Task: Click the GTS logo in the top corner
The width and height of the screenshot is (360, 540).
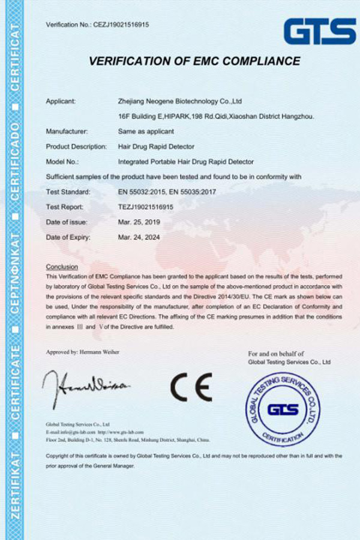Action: tap(320, 31)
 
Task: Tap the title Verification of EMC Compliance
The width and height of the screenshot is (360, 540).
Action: tap(194, 61)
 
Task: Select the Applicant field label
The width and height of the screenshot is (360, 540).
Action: tap(61, 101)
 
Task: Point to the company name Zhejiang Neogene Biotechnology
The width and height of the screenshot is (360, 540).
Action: tap(180, 101)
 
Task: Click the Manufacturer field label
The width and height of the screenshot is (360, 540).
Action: tap(67, 131)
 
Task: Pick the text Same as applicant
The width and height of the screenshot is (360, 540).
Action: tap(146, 131)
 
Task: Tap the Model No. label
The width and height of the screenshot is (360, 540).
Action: tap(63, 161)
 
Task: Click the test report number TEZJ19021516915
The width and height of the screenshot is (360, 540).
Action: tap(146, 207)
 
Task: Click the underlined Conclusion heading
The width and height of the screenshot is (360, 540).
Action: tap(62, 266)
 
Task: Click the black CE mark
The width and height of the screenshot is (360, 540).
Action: tap(191, 387)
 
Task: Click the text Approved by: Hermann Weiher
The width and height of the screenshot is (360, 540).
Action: tap(82, 352)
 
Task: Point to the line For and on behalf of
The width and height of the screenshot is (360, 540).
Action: tap(275, 354)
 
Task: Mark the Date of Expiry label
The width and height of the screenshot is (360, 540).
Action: tap(68, 237)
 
